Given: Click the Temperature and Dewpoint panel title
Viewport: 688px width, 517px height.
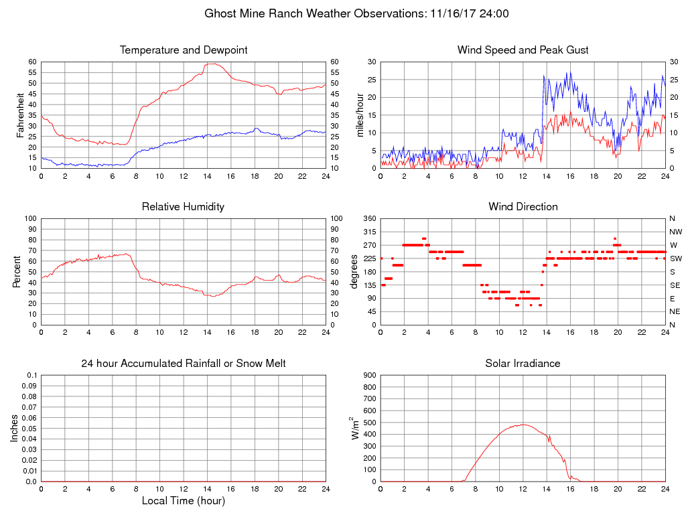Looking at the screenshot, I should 184,50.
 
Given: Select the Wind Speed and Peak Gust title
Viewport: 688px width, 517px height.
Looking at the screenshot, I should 523,50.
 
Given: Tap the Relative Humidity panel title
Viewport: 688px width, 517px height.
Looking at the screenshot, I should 184,207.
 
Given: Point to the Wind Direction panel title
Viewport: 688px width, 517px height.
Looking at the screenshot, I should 523,207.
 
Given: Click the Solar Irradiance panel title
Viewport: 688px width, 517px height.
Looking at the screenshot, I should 523,364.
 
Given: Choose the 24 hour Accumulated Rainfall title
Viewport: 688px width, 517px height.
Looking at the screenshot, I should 184,364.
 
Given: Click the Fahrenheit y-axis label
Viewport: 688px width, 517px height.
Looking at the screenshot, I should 21,115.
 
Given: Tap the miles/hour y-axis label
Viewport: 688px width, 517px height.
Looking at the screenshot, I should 360,115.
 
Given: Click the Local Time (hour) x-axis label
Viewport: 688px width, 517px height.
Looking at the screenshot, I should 184,500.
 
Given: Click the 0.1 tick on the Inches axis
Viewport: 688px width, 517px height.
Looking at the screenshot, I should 32,375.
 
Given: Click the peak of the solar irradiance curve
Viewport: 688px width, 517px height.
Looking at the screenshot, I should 523,425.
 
